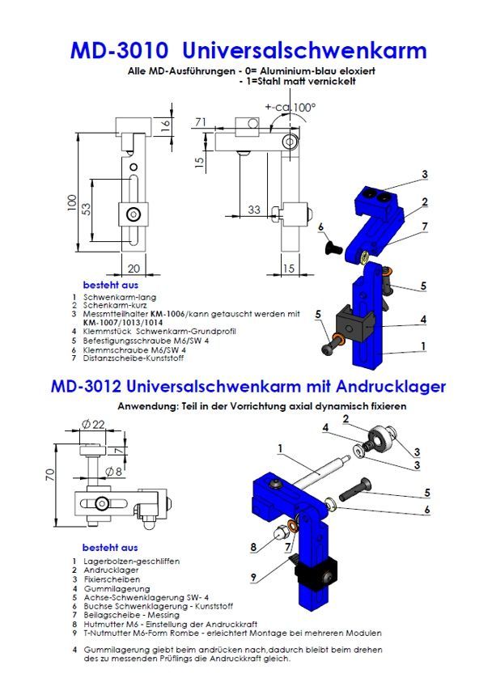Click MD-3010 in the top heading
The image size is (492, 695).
pyautogui.click(x=120, y=51)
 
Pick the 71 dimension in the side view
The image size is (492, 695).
pyautogui.click(x=200, y=122)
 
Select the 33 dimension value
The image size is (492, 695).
pyautogui.click(x=254, y=210)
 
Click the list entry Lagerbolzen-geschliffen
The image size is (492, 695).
pyautogui.click(x=131, y=561)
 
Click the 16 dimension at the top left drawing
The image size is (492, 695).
pyautogui.click(x=165, y=125)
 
